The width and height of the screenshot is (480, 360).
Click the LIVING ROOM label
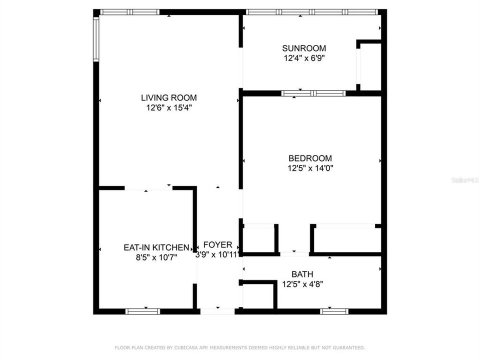point(168,98)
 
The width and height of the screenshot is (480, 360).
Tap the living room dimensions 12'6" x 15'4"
point(168,107)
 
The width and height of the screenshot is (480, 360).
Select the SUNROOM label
point(304,48)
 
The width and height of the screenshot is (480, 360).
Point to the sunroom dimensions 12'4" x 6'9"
point(304,58)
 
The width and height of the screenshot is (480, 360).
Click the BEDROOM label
point(310,158)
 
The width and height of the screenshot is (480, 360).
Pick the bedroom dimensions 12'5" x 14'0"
point(310,168)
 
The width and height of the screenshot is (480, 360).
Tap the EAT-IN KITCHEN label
point(156,247)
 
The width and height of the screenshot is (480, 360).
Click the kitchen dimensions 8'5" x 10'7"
point(156,257)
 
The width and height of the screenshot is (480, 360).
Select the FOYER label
point(218,245)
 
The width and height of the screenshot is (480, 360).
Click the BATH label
point(302,274)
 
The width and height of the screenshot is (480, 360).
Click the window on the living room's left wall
point(96,39)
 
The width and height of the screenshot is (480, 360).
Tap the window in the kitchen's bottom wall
point(142,311)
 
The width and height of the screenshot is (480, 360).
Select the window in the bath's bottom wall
point(334,311)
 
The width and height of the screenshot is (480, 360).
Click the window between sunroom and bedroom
point(313,93)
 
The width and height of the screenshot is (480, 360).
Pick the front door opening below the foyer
point(217,311)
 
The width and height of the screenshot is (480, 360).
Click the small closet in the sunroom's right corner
point(370,66)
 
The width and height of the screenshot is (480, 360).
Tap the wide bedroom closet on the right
point(345,239)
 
